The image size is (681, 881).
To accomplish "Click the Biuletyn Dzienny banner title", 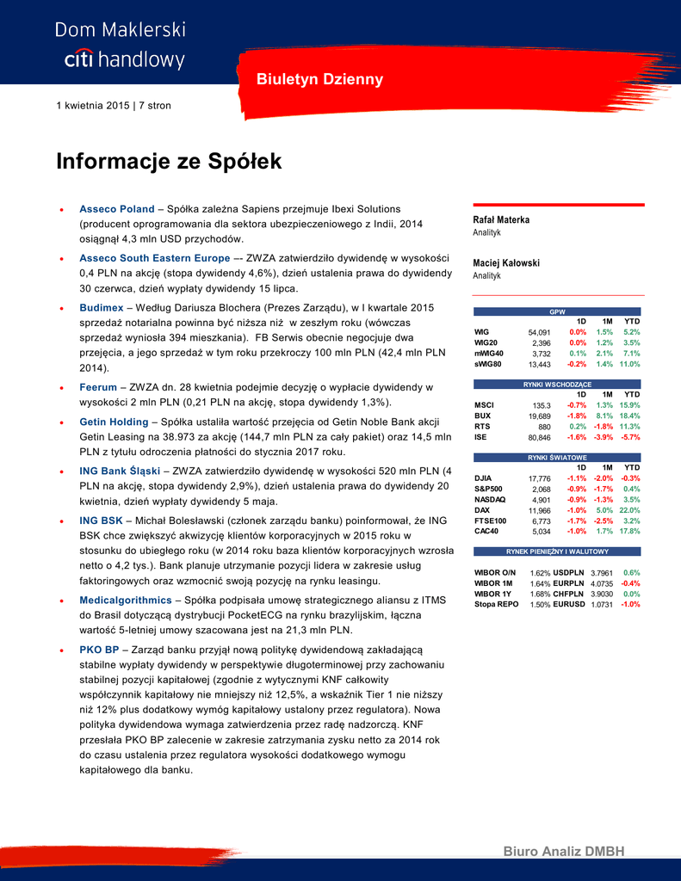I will tap(319, 80).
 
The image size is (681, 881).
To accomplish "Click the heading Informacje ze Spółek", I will tap(169, 162).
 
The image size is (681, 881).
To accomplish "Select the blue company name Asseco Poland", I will tap(117, 209).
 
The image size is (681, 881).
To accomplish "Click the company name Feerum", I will tap(99, 387).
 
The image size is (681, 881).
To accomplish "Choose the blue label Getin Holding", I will tap(114, 422).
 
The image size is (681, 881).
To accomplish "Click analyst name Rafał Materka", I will tap(501, 219).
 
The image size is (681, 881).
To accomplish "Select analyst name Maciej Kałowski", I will tap(506, 262).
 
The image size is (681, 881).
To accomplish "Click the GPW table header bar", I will tap(558, 311).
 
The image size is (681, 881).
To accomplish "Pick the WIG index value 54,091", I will tap(539, 332).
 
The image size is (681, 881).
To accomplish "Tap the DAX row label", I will tap(482, 510).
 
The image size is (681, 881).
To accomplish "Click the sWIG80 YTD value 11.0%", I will tap(630, 364).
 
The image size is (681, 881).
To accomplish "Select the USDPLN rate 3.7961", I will tap(602, 573).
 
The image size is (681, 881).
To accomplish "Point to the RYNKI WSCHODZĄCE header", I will tap(558, 384).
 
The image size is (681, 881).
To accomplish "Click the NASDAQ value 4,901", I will tap(542, 500).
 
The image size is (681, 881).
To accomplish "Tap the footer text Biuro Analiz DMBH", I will tap(564, 852).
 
